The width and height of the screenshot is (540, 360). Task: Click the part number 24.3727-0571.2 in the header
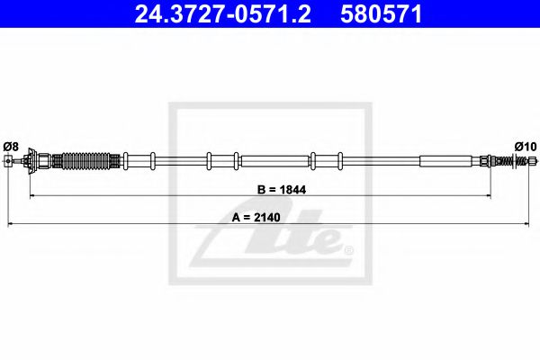[x=222, y=13]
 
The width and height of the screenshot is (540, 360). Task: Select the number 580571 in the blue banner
[x=382, y=13]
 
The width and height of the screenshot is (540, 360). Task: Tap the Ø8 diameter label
[x=11, y=147]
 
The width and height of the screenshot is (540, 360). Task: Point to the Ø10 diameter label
[x=526, y=147]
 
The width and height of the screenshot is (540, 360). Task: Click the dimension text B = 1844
[x=282, y=190]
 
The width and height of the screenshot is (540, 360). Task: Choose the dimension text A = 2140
[x=256, y=218]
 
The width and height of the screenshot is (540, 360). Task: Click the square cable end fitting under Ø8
[x=8, y=161]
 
